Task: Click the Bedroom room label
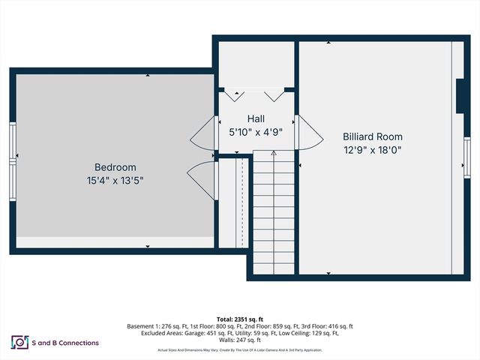[115, 166]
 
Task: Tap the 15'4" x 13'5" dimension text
[115, 180]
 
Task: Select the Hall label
[256, 118]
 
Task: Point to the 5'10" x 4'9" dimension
[256, 132]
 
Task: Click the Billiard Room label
[372, 136]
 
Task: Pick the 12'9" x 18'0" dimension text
[372, 149]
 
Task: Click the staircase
[273, 214]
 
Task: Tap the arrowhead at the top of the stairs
[274, 153]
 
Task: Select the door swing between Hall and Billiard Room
[309, 132]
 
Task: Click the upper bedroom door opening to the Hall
[203, 135]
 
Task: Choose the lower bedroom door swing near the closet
[200, 179]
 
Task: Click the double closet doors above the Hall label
[255, 95]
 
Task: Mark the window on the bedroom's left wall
[13, 159]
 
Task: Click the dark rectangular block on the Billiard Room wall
[459, 96]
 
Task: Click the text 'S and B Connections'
[65, 343]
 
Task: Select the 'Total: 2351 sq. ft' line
[240, 318]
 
